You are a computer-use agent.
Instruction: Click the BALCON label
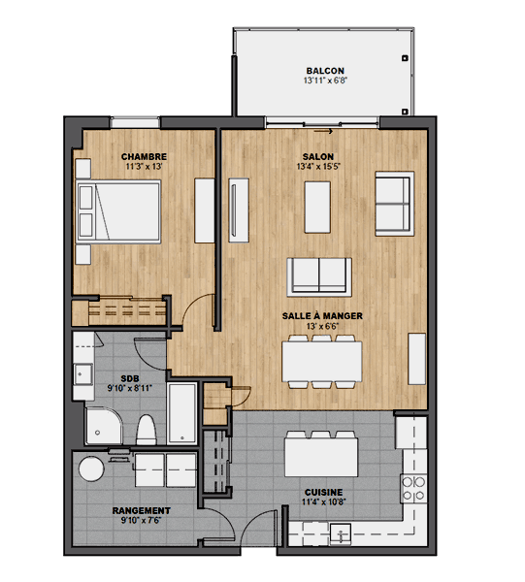324,71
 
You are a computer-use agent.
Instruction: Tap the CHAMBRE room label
144,156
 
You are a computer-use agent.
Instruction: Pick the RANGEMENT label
141,510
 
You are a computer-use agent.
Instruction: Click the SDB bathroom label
131,379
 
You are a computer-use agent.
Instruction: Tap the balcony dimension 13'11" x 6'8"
324,81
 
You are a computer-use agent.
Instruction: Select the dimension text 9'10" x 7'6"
141,521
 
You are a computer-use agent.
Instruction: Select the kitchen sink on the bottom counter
342,532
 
